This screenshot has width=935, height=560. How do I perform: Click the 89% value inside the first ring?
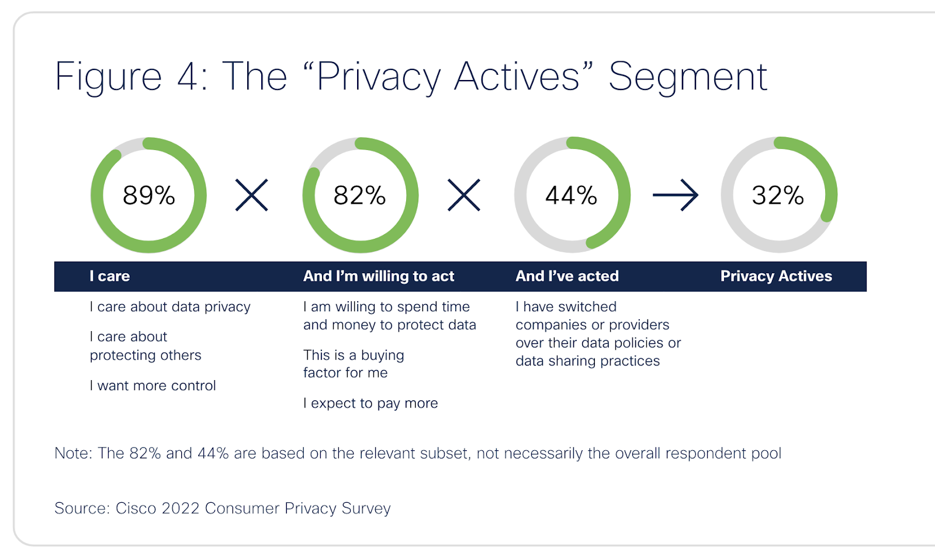pyautogui.click(x=148, y=195)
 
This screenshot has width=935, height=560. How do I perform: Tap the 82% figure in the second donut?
pyautogui.click(x=359, y=195)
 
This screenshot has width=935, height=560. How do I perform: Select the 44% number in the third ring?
pyautogui.click(x=571, y=195)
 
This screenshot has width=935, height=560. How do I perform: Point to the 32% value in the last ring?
pyautogui.click(x=778, y=195)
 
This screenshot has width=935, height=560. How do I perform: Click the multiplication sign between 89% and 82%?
pyautogui.click(x=251, y=195)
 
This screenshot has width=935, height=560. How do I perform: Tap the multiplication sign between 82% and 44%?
pyautogui.click(x=463, y=195)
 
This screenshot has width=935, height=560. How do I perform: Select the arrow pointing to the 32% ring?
pyautogui.click(x=676, y=195)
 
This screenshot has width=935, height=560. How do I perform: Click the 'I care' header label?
pyautogui.click(x=110, y=276)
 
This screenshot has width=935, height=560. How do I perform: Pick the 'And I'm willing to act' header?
pyautogui.click(x=379, y=276)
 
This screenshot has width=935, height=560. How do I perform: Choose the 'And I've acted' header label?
pyautogui.click(x=567, y=276)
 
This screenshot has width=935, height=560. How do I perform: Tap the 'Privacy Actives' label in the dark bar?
pyautogui.click(x=776, y=276)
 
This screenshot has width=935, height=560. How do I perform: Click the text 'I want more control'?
pyautogui.click(x=153, y=385)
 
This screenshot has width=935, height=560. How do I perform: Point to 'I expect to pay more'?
pyautogui.click(x=370, y=403)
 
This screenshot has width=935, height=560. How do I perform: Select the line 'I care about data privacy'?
pyautogui.click(x=170, y=307)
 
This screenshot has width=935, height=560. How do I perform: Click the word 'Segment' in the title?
pyautogui.click(x=688, y=77)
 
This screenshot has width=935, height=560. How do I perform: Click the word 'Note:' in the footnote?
pyautogui.click(x=73, y=453)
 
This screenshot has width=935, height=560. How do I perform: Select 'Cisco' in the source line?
pyautogui.click(x=136, y=508)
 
